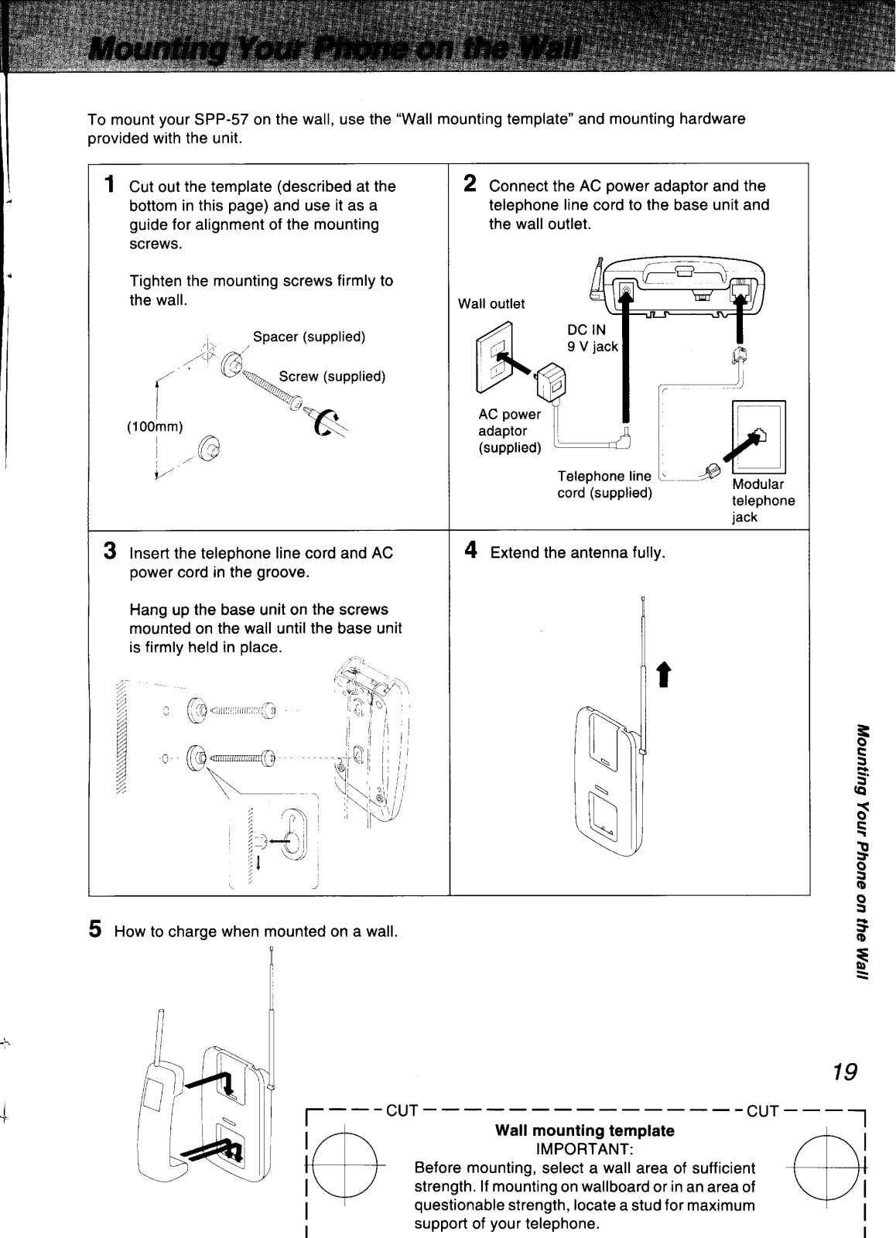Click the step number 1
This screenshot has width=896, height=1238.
click(x=111, y=186)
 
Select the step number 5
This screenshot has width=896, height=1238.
click(x=95, y=929)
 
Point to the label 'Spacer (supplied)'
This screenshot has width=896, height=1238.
click(x=309, y=337)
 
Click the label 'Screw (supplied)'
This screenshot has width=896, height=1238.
click(x=332, y=377)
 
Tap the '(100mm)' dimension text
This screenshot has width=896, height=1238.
click(x=155, y=426)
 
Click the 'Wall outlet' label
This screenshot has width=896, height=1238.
click(x=491, y=304)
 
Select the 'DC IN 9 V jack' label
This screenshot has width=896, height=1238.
click(x=592, y=338)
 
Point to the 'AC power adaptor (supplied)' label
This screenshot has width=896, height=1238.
click(x=510, y=432)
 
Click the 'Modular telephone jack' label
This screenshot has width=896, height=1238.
click(x=763, y=501)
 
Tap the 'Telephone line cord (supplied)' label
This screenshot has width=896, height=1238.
click(x=605, y=484)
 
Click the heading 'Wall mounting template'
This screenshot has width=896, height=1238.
click(x=584, y=1130)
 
